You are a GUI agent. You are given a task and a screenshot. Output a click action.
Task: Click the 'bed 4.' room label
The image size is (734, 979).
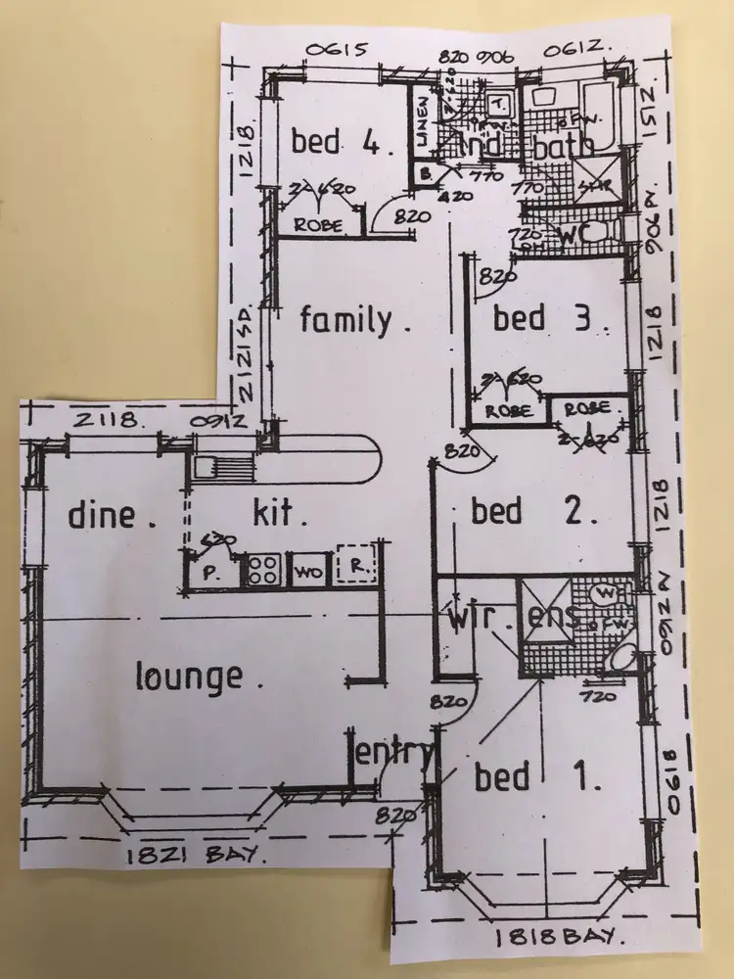click(343, 143)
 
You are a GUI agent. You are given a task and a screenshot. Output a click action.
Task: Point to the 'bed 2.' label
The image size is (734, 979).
click(534, 511)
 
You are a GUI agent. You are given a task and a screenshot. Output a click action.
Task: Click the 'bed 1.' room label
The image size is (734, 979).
click(536, 777)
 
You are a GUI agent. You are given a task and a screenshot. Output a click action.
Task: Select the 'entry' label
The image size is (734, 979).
click(392, 754)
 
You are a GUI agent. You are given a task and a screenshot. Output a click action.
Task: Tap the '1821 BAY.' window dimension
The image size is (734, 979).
click(196, 856)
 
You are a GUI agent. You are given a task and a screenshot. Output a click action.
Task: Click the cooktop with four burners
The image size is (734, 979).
click(261, 569)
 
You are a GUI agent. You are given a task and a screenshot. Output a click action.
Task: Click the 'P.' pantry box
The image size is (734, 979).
click(209, 573)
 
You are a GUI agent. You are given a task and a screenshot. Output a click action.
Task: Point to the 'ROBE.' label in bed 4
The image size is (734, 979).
click(319, 224)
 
